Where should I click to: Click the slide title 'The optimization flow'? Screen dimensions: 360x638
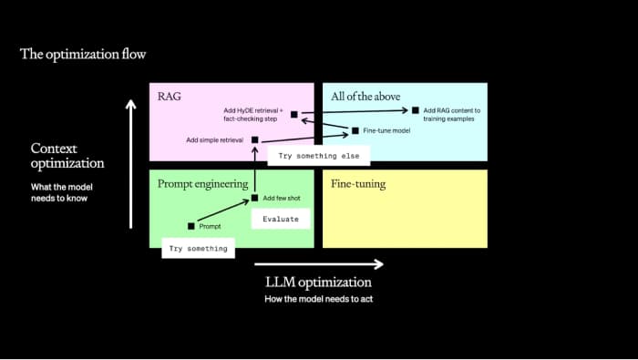point(83,54)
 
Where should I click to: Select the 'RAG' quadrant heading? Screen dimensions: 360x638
point(170,96)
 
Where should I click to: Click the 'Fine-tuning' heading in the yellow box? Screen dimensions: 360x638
point(358,183)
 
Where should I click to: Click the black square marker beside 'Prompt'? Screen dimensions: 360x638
point(191,226)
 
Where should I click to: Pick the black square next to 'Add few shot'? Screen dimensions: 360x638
point(254,198)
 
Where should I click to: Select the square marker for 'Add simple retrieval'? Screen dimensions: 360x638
point(254,139)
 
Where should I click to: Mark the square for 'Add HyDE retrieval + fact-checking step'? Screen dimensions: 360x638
point(293,115)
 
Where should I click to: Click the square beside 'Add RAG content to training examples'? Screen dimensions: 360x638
point(416,110)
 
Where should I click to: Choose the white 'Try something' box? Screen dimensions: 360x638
point(196,248)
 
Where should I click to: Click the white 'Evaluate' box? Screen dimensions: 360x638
point(281,219)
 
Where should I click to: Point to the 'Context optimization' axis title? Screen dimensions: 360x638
point(67,155)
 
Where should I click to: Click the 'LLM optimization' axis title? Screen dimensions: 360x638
point(317,282)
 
